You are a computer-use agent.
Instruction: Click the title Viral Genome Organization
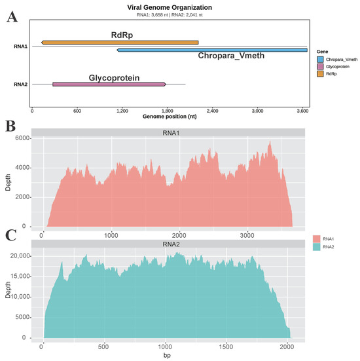coord(170,7)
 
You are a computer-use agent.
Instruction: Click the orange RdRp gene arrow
coord(120,43)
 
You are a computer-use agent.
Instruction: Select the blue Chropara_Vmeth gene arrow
coord(212,50)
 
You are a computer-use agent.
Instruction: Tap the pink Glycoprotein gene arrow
coord(109,85)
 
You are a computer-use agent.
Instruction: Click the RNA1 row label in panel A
coord(20,47)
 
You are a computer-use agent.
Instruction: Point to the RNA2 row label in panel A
coord(20,85)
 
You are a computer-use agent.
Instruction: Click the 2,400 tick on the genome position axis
coord(212,111)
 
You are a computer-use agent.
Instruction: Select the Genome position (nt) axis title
coord(170,117)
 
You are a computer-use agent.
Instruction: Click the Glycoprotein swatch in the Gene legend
coord(320,67)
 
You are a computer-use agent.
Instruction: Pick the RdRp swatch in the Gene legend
coord(320,74)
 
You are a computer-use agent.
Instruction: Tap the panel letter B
coord(10,126)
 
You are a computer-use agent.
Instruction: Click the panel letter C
coord(10,235)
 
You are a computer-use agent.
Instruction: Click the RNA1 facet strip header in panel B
coord(168,132)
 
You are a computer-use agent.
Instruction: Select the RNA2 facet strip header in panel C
coord(168,244)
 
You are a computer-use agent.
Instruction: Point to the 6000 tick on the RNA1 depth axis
coord(22,138)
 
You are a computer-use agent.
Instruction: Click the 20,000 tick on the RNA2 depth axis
coord(20,256)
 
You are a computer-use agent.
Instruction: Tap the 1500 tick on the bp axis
coord(226,347)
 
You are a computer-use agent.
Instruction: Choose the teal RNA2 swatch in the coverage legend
coord(317,247)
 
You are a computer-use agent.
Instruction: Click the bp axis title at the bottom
coord(167,356)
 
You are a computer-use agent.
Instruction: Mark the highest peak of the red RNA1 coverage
coord(270,141)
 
